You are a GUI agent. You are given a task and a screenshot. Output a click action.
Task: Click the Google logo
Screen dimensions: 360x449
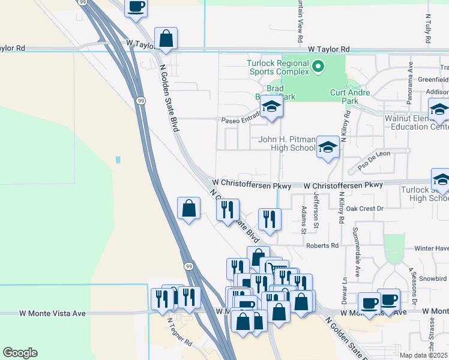pos(20,353)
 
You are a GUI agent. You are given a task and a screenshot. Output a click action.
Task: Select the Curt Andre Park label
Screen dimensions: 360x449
pos(350,97)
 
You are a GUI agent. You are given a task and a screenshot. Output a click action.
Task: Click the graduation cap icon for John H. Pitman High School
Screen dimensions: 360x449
pos(328,148)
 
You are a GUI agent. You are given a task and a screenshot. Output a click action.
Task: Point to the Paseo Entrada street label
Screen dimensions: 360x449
pos(240,120)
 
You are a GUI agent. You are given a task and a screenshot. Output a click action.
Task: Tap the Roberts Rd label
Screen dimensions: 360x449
pos(322,245)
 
